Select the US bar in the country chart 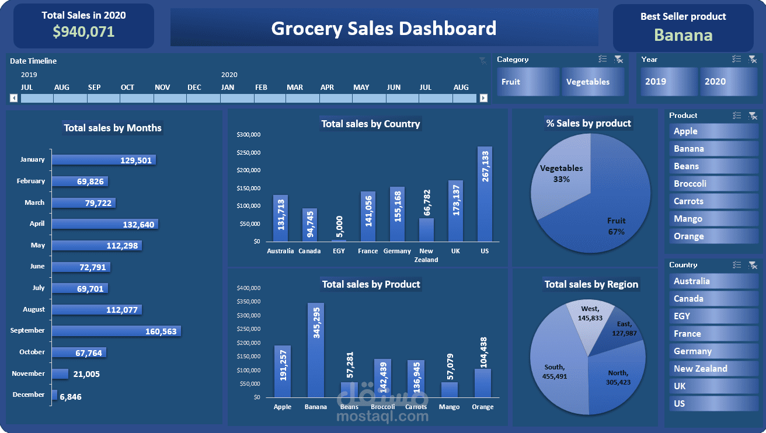point(485,194)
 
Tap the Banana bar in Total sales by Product point(316,350)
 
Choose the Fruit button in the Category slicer point(528,82)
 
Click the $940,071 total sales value point(83,32)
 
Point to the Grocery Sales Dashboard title point(384,28)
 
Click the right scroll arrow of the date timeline point(483,98)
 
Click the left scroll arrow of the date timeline point(14,98)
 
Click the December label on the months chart point(29,394)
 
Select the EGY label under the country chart point(339,251)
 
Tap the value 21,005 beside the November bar point(86,374)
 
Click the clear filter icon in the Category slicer point(618,59)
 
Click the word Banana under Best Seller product point(683,35)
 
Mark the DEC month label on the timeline point(194,88)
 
